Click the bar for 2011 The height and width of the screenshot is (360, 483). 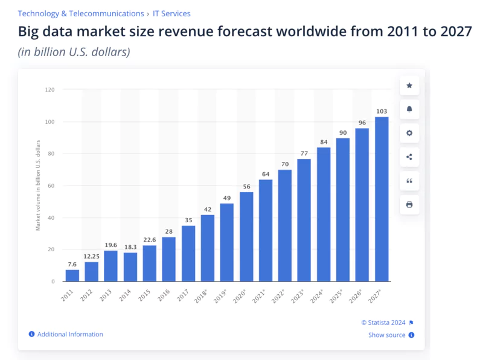point(72,275)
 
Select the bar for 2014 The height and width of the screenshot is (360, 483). point(130,267)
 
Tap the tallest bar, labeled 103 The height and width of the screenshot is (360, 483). point(382,199)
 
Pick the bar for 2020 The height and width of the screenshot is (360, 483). point(246,237)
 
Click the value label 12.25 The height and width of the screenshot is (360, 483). point(92,256)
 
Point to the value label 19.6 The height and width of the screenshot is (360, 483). point(111,245)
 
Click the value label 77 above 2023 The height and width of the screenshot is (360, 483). point(304,153)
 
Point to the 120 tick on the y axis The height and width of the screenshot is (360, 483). point(50,90)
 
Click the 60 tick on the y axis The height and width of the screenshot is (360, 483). point(51,186)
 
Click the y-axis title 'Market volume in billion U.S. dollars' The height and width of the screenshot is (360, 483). point(38,185)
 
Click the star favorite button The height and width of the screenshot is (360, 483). point(409,86)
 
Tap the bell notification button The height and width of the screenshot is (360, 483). point(409,109)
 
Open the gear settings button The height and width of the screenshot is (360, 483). point(409,133)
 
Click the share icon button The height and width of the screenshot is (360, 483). point(409,157)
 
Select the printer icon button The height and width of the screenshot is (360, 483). point(409,205)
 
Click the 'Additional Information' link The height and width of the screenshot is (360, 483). point(69,335)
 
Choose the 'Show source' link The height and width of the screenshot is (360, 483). point(387,335)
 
